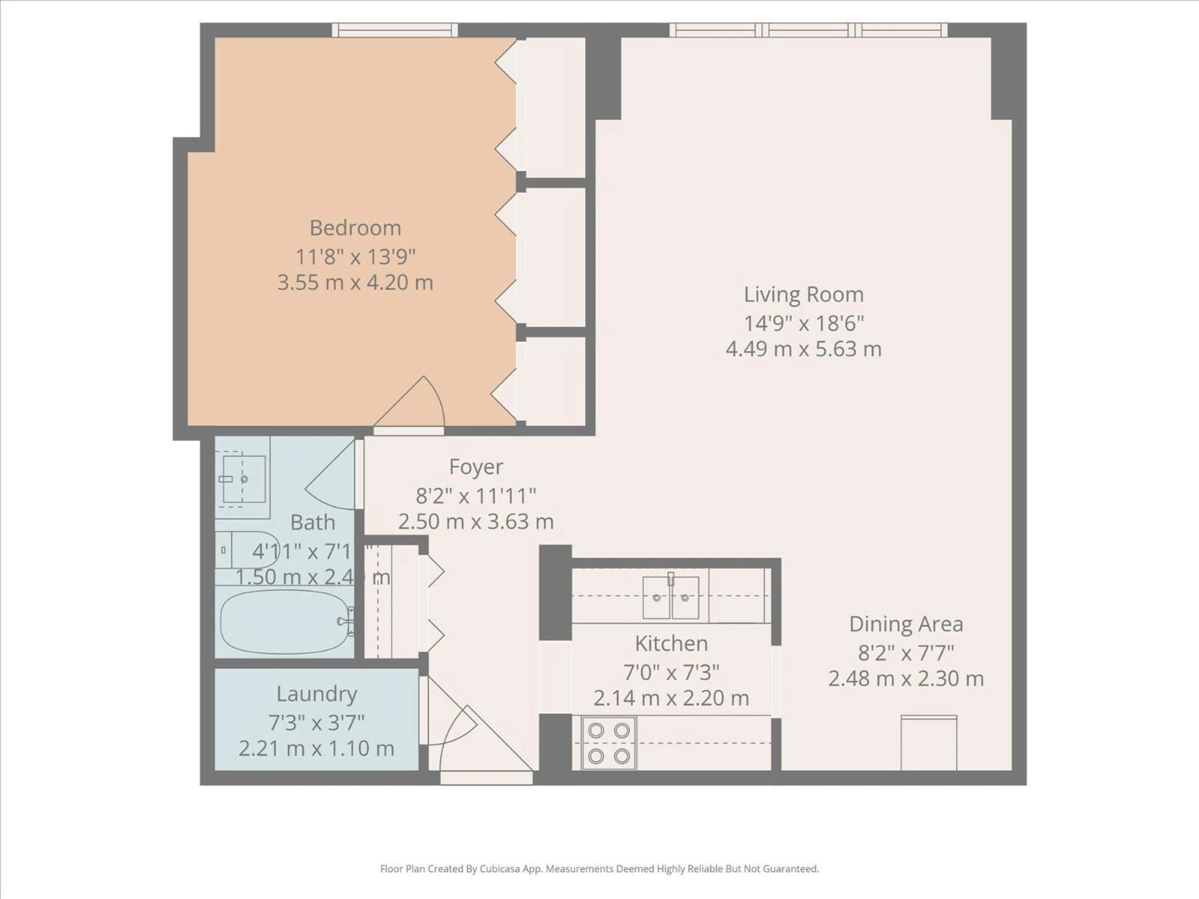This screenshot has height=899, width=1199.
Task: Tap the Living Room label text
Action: coord(803,295)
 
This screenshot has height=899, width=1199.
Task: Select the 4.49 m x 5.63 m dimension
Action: coord(803,349)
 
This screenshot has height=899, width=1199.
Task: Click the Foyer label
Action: coord(476,467)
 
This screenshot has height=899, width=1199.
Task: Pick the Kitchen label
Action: coord(671,644)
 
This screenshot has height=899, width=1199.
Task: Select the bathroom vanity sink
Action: coord(244,479)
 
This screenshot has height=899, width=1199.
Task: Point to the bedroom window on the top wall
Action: coord(395,30)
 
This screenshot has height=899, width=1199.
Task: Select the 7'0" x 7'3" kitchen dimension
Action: coord(671,672)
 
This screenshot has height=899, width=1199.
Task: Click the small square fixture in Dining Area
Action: coord(929,742)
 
